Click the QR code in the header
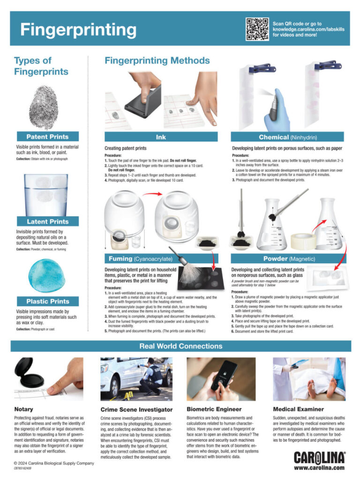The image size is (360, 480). click(x=257, y=29)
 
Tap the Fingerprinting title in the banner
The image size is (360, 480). click(x=78, y=30)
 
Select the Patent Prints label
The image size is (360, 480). click(x=47, y=137)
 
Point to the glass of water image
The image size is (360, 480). click(x=46, y=194)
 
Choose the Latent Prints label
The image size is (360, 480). click(x=47, y=221)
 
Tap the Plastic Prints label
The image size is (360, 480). click(x=47, y=301)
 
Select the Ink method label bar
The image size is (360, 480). click(x=160, y=137)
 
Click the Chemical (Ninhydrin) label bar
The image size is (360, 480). click(x=290, y=137)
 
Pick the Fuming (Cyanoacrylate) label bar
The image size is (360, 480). click(x=161, y=259)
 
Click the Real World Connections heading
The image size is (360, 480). click(x=180, y=346)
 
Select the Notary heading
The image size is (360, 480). click(x=23, y=409)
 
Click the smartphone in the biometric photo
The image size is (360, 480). click(x=225, y=375)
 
